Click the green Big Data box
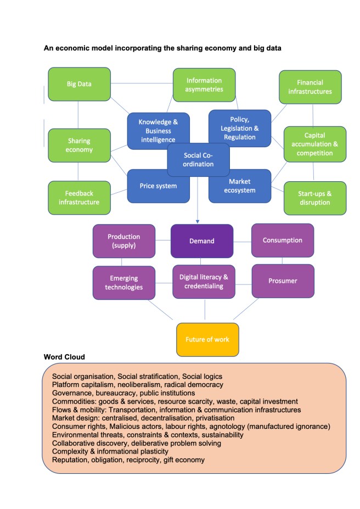pyautogui.click(x=79, y=84)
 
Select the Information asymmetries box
pyautogui.click(x=204, y=85)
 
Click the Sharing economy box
pyautogui.click(x=79, y=145)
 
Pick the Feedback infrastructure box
pyautogui.click(x=79, y=198)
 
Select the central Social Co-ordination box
pyautogui.click(x=198, y=159)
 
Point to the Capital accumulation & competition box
pyautogui.click(x=314, y=144)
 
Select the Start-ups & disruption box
pyautogui.click(x=314, y=198)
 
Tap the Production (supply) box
pyautogui.click(x=123, y=240)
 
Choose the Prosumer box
pyautogui.click(x=283, y=281)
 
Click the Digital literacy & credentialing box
pyautogui.click(x=204, y=281)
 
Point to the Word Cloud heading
pyautogui.click(x=64, y=357)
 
